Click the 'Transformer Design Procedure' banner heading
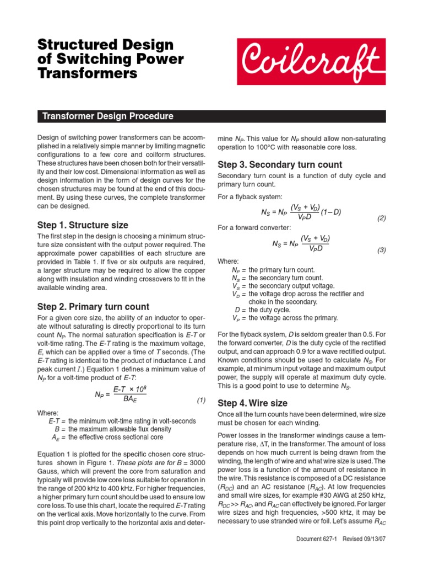click(108, 116)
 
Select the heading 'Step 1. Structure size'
click(83, 225)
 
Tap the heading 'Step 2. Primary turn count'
click(93, 307)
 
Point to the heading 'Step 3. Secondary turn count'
click(280, 164)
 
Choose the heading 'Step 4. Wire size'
click(252, 403)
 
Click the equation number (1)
click(201, 400)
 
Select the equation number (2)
click(382, 218)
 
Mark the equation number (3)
click(382, 250)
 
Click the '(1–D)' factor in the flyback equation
click(331, 212)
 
